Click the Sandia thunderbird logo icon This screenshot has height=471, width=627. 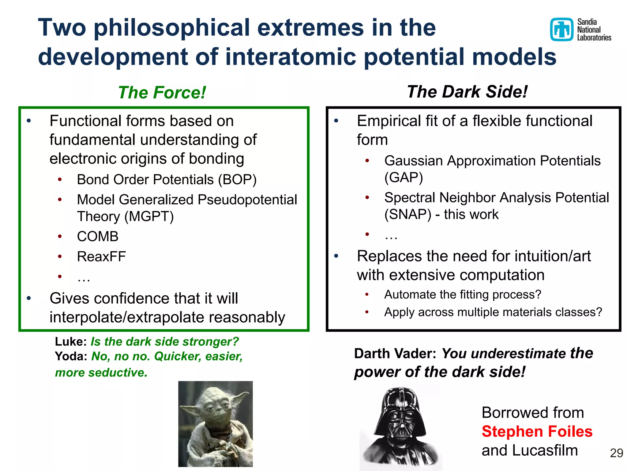(x=561, y=29)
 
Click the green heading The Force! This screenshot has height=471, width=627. (x=162, y=93)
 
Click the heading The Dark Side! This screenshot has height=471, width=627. (x=467, y=92)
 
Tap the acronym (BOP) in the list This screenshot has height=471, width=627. (x=237, y=180)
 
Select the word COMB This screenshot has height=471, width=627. (x=98, y=236)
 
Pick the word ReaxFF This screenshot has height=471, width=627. (x=101, y=257)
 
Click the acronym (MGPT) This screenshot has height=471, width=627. (x=149, y=216)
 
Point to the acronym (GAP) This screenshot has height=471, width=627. (x=404, y=178)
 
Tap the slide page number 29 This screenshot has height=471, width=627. (x=616, y=453)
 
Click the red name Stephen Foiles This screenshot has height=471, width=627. (x=537, y=431)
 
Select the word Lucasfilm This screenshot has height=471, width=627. (x=545, y=450)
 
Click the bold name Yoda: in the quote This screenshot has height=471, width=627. (x=71, y=356)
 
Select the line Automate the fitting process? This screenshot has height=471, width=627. (x=462, y=295)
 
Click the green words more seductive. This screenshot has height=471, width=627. (x=101, y=373)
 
